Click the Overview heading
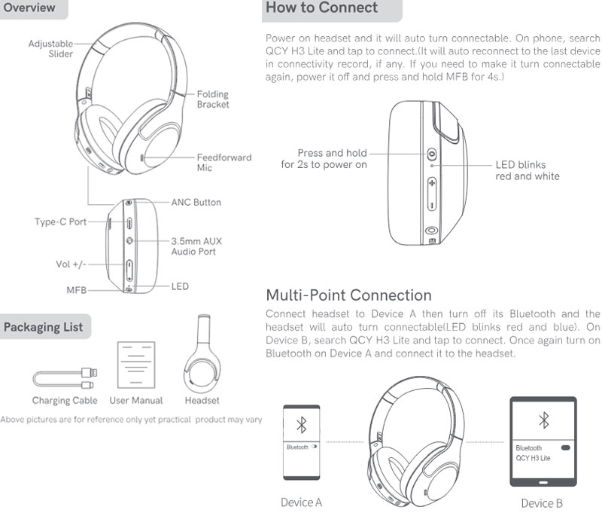(29, 8)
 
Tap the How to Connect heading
(322, 8)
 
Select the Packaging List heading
(44, 327)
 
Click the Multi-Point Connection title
(348, 295)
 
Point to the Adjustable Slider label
(50, 49)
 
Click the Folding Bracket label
(213, 99)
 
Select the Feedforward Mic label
(224, 163)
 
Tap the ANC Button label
(196, 202)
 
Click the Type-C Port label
(60, 221)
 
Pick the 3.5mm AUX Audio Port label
(196, 246)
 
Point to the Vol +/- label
(71, 264)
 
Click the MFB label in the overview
(77, 290)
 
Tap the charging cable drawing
(65, 378)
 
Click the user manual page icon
(136, 365)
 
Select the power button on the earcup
(432, 154)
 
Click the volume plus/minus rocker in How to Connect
(432, 194)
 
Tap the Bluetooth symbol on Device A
(302, 425)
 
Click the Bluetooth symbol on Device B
(543, 420)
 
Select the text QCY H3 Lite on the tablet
(533, 458)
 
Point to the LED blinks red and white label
(528, 170)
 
